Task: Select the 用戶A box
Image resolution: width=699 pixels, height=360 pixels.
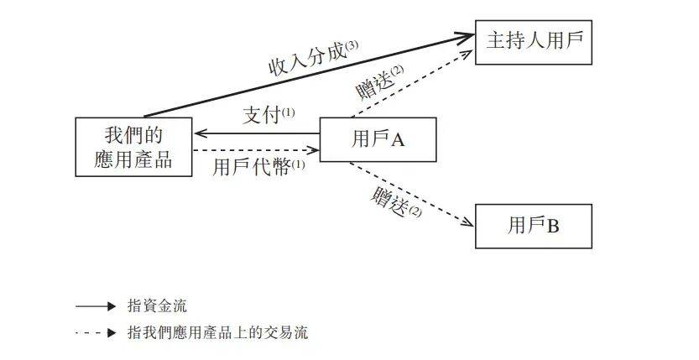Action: click(378, 139)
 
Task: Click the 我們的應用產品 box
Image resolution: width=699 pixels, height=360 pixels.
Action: click(133, 146)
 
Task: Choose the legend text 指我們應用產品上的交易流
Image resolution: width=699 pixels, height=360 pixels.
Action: click(217, 332)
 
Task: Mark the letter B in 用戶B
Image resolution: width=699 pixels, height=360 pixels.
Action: click(553, 226)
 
